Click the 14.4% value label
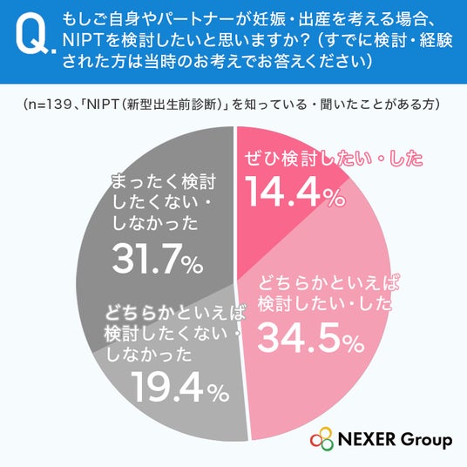tap(294, 192)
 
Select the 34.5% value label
tap(311, 338)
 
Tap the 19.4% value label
tap(180, 387)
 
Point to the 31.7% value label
tap(158, 258)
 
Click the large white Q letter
tap(32, 37)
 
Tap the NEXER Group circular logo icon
tap(322, 440)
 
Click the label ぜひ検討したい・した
tap(334, 159)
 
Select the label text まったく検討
tap(163, 181)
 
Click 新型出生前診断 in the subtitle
tap(171, 105)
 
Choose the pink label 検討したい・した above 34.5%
tap(325, 304)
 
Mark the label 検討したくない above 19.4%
tap(166, 335)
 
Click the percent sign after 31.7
tap(193, 265)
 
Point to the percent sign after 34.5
tap(354, 345)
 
